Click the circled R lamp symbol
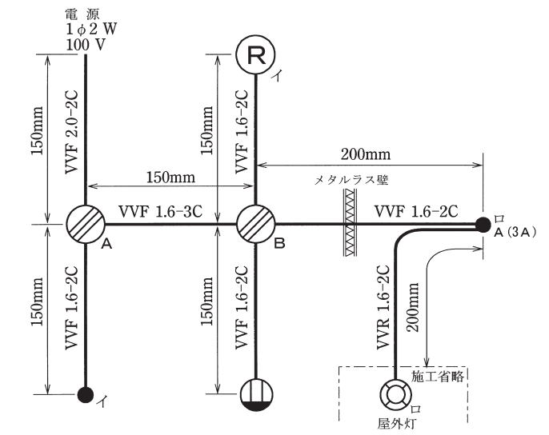point(255,54)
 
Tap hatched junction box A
point(86,224)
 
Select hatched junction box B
point(256,224)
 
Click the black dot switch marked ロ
point(483,225)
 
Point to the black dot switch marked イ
point(86,395)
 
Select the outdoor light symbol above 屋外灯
point(395,395)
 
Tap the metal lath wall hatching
point(350,222)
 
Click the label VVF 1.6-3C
point(160,211)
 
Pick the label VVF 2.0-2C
point(72,132)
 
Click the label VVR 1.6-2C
point(383,307)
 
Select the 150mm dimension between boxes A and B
point(170,178)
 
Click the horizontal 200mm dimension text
point(366,154)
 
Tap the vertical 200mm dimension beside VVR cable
point(413,307)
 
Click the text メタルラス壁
point(351,181)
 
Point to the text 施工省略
point(438,376)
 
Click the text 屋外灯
point(397,424)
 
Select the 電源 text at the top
point(82,14)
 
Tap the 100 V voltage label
point(86,45)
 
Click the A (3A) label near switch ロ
point(515,233)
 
